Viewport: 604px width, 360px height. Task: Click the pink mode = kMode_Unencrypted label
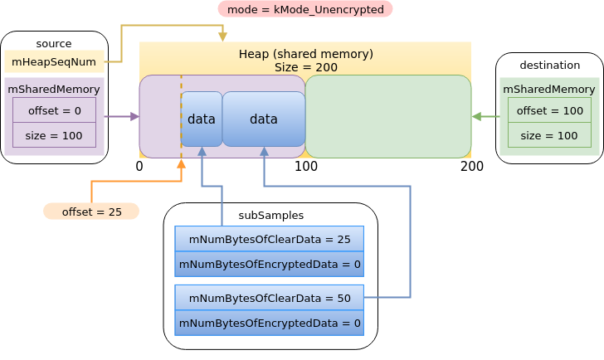[x=305, y=9]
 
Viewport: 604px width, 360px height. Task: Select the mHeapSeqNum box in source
[x=54, y=61]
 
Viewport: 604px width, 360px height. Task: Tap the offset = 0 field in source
[x=54, y=110]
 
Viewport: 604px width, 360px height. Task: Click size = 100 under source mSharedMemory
[x=54, y=135]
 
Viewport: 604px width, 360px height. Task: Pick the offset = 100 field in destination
[x=550, y=110]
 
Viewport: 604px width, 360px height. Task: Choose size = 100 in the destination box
[x=550, y=135]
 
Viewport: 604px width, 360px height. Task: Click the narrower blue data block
[x=202, y=119]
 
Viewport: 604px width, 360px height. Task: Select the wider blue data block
[x=264, y=119]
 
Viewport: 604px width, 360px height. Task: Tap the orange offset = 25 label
[x=91, y=212]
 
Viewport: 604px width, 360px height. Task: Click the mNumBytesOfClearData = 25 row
[x=270, y=239]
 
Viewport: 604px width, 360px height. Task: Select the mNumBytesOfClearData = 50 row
[x=270, y=298]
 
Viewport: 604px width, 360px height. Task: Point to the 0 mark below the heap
[x=139, y=166]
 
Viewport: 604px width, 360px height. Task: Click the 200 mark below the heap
[x=472, y=166]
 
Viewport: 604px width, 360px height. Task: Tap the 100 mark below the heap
[x=306, y=166]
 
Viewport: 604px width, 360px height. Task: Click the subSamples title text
[x=270, y=215]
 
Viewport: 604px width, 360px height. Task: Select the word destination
[x=550, y=65]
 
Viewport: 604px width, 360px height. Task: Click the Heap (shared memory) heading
[x=306, y=54]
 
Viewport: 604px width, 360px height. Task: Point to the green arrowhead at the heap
[x=476, y=116]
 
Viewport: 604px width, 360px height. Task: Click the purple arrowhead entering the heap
[x=134, y=116]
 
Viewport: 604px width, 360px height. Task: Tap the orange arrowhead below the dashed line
[x=181, y=163]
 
